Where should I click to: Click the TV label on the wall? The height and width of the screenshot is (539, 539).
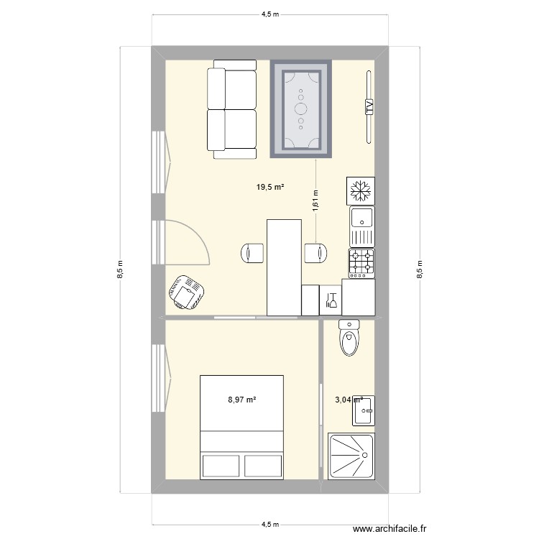pos(369,108)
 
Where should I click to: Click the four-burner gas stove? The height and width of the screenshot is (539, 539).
pos(361,263)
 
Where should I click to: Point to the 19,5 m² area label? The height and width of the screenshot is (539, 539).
pos(269,188)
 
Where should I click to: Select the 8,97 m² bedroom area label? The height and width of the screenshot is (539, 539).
pos(242,400)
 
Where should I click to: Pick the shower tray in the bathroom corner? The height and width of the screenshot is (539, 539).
pos(351,456)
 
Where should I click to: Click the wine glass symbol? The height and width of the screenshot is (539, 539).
pos(331,300)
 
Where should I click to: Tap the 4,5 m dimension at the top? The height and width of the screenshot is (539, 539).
pos(269,13)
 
